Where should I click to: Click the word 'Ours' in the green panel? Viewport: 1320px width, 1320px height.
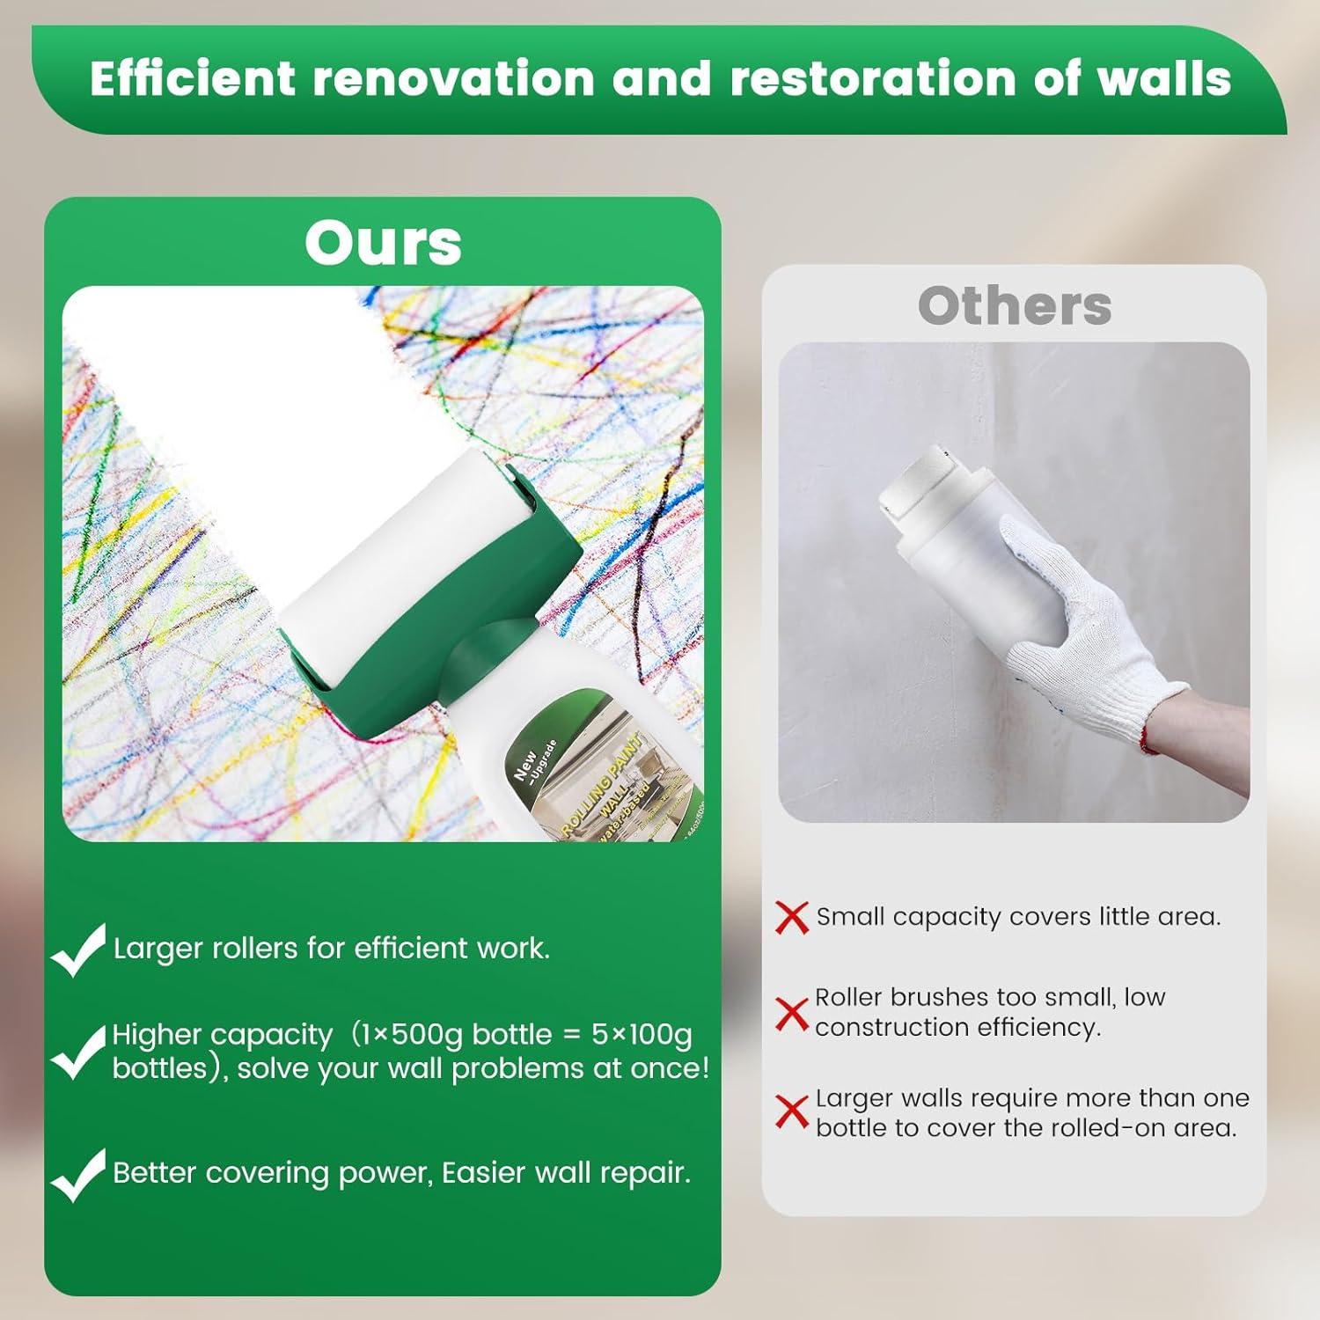pyautogui.click(x=383, y=243)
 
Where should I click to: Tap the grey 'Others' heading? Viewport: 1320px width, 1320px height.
pyautogui.click(x=1015, y=305)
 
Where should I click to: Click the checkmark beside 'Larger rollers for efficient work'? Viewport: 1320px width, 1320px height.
pyautogui.click(x=79, y=950)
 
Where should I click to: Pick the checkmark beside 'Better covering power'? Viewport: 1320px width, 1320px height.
pyautogui.click(x=79, y=1176)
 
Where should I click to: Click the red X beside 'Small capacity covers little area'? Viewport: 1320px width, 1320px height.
pyautogui.click(x=792, y=917)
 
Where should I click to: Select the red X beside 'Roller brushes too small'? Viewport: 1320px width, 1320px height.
pyautogui.click(x=792, y=1014)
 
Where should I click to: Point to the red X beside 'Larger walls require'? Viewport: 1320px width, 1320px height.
pyautogui.click(x=792, y=1112)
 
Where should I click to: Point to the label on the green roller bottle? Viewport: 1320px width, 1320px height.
pyautogui.click(x=598, y=783)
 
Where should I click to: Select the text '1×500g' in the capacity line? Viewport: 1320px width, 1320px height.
pyautogui.click(x=414, y=1035)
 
